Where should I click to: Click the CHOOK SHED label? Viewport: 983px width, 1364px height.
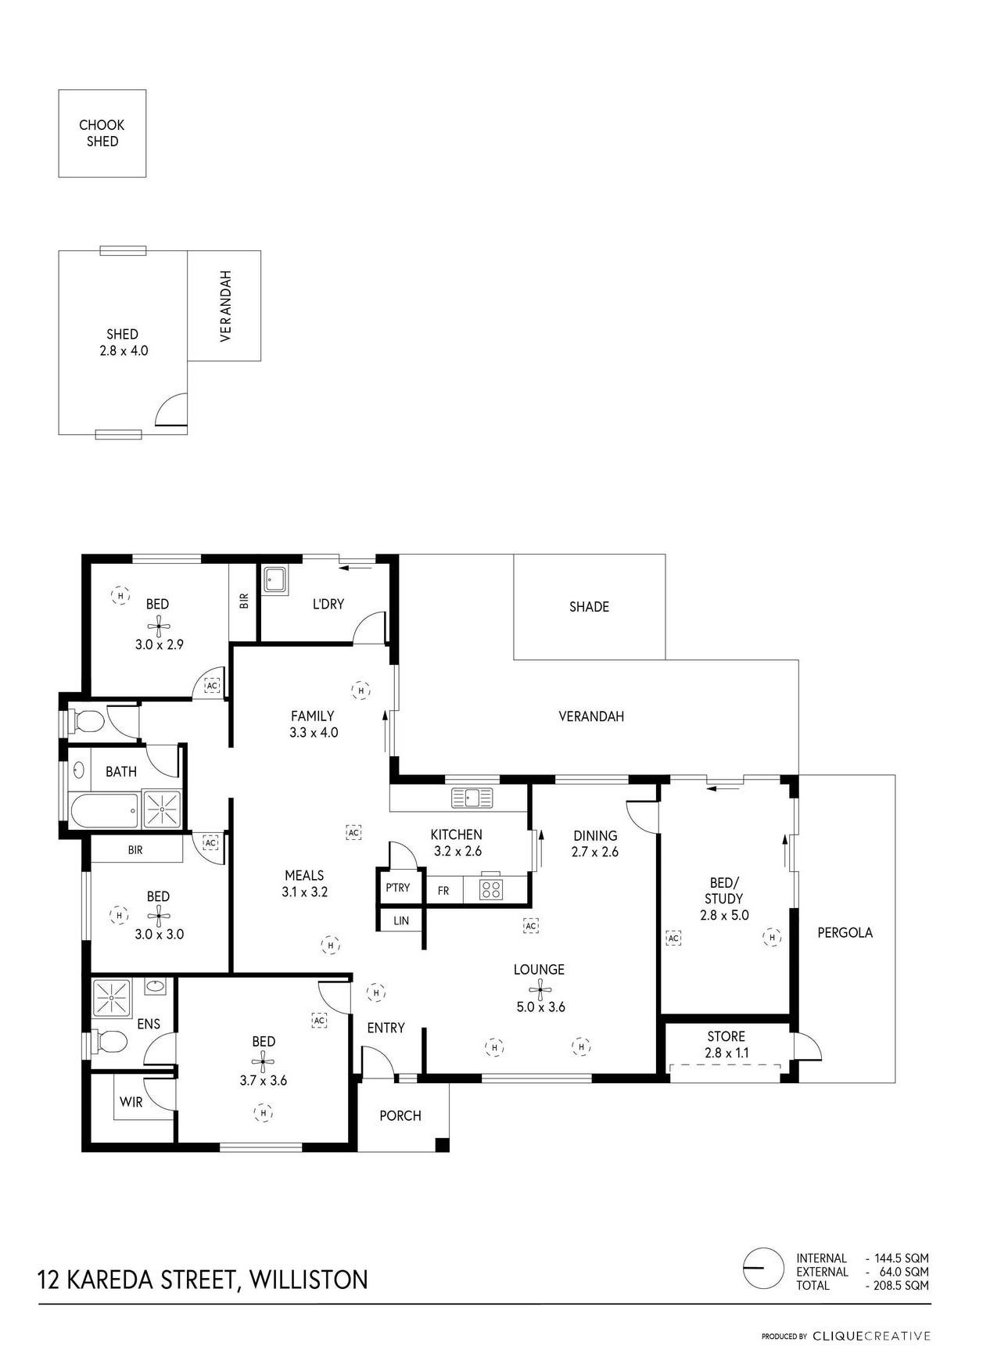pos(102,133)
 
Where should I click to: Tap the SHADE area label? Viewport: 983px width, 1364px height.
pos(589,606)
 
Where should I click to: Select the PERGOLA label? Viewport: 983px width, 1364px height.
pos(845,932)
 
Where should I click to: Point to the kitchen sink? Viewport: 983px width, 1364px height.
pos(472,798)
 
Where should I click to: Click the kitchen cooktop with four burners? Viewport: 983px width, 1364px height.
pos(491,889)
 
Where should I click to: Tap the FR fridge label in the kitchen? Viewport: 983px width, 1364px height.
pos(443,891)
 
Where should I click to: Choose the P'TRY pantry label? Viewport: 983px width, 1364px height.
pos(397,888)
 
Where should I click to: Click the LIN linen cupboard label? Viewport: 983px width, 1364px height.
pos(401,921)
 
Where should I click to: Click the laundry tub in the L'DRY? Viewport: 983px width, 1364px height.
pos(274,580)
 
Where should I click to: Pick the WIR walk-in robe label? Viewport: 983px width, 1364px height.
pos(131,1102)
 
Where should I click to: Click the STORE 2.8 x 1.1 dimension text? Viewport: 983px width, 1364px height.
pos(726,1053)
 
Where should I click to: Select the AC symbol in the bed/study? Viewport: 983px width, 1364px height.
pos(673,937)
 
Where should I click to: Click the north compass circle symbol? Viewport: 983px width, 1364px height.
pos(762,1267)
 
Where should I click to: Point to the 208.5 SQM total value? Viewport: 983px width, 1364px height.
pos(901,1286)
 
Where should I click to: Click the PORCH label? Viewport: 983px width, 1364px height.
pos(400,1115)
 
